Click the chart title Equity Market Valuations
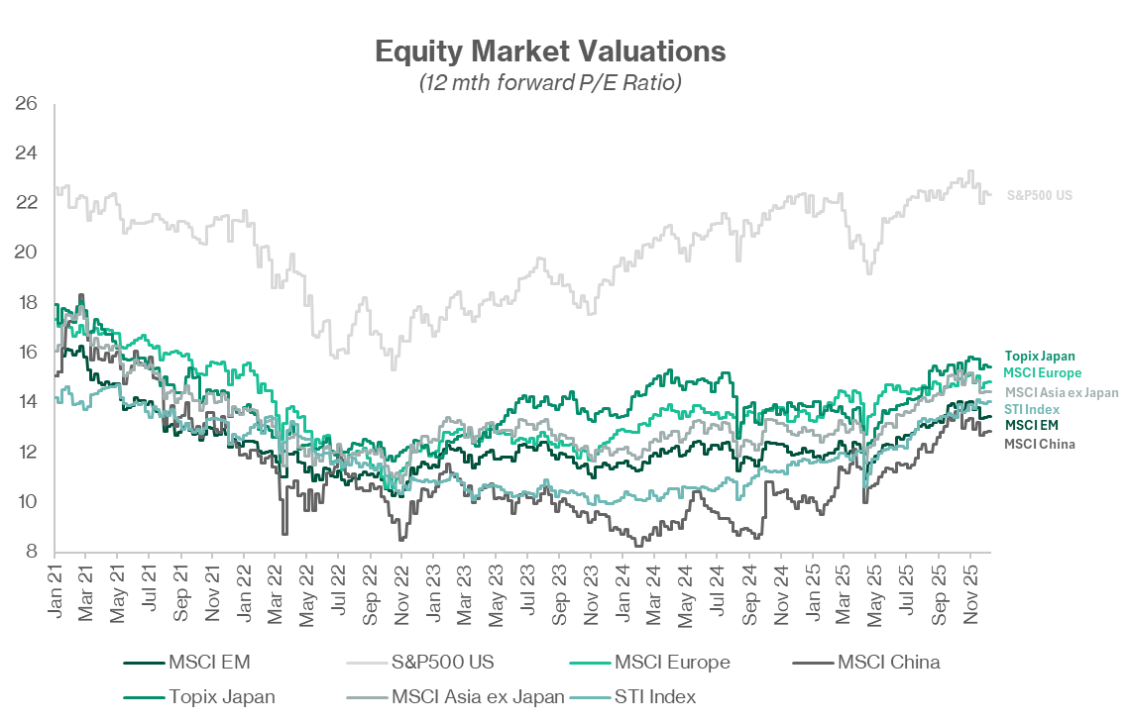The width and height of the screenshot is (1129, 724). pos(550,51)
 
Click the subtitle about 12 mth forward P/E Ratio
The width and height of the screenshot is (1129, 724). pos(550,83)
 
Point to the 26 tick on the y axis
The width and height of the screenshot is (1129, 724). pos(26,103)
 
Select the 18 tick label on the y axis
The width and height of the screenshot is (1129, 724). pos(26,303)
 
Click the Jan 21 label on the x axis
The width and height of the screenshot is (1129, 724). pos(55,593)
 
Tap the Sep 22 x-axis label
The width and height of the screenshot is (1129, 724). pos(370,593)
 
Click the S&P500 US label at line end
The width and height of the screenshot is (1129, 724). pos(1039,196)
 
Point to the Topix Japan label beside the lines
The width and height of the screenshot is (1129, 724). pos(1039,356)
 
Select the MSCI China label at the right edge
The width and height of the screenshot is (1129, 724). pos(1039,444)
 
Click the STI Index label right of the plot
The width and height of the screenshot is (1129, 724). pos(1032,409)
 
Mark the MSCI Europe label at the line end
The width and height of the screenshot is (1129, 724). pos(1042,372)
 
